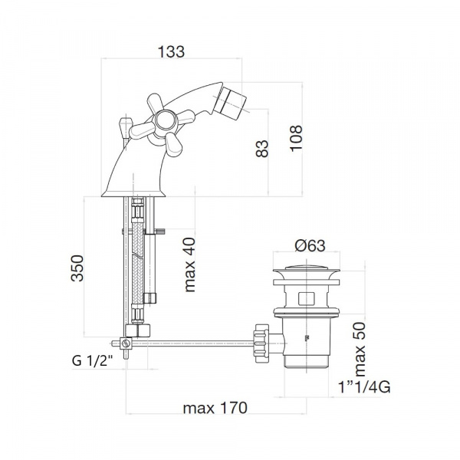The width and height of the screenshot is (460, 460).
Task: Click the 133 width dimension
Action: (171, 51)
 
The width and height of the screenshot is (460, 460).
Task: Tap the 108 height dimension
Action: (296, 138)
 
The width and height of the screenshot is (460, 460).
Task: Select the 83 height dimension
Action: (262, 149)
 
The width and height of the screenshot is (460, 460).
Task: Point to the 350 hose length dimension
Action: (77, 268)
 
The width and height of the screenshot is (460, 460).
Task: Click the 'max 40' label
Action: (189, 264)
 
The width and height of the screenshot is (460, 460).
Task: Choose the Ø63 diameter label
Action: (310, 245)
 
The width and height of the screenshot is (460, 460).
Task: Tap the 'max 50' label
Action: (360, 349)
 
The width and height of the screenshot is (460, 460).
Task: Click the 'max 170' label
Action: (215, 408)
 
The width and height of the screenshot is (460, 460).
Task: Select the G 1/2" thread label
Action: (92, 360)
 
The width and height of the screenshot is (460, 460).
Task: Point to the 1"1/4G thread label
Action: (364, 387)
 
